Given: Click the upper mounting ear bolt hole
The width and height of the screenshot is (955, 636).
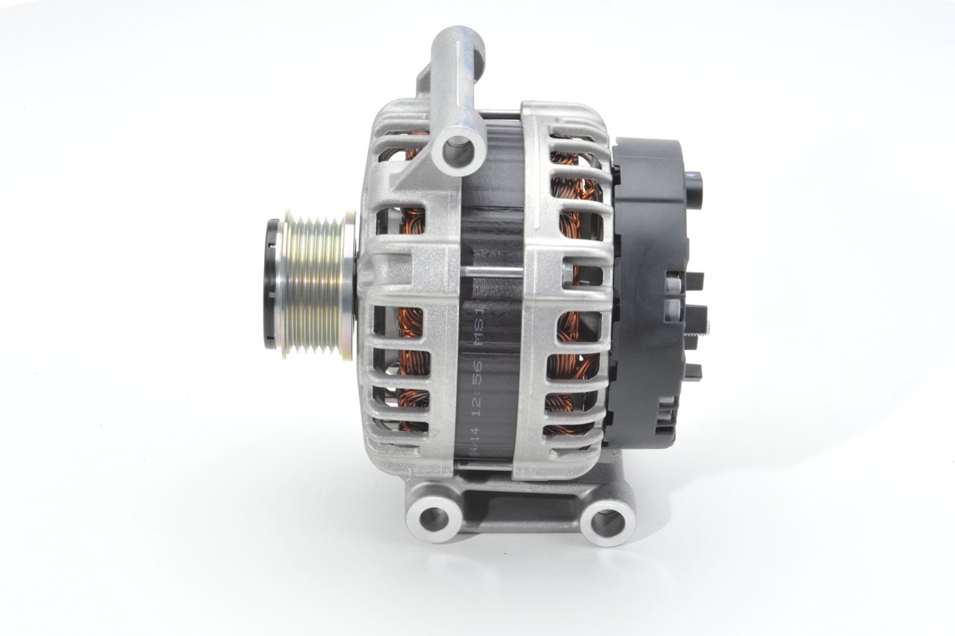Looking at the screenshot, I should click(x=457, y=150).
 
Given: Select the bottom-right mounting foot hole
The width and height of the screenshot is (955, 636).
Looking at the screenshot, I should click(x=607, y=520).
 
